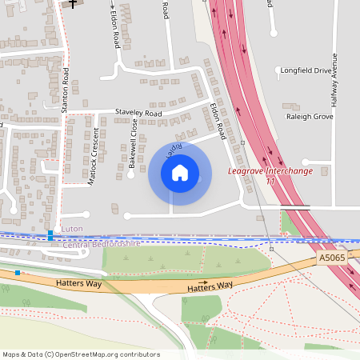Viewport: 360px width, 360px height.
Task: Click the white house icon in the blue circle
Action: [x=180, y=173]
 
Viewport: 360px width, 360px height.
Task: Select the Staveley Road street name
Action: [x=138, y=114]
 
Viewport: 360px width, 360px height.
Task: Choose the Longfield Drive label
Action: [x=306, y=70]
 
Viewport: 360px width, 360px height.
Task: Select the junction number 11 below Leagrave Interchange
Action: [x=270, y=182]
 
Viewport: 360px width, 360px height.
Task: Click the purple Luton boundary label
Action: [x=72, y=229]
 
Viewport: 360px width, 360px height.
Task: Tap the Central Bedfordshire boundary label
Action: [x=101, y=242]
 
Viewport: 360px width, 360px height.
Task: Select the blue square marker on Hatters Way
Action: [x=18, y=273]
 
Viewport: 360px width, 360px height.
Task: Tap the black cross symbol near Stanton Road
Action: [x=74, y=4]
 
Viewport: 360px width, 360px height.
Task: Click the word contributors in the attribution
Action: [x=137, y=354]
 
